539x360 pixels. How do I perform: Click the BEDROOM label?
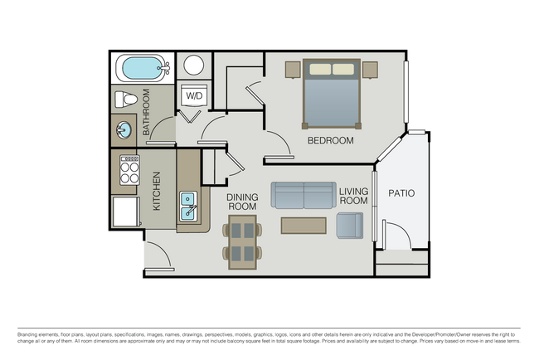click(x=330, y=141)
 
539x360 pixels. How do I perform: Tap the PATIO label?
click(x=401, y=193)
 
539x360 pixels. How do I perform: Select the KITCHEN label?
click(x=156, y=192)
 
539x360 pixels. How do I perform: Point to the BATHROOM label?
click(x=146, y=112)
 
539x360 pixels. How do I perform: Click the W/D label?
click(x=193, y=96)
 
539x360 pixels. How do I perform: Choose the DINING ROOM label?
click(x=243, y=202)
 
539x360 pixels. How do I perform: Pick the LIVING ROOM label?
click(x=353, y=196)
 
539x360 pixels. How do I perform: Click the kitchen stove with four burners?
click(x=129, y=171)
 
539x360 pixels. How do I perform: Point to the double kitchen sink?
click(x=189, y=207)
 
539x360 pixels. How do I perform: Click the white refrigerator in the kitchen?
click(x=126, y=210)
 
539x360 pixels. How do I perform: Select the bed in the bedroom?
click(x=332, y=93)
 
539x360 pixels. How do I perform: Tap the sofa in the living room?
click(x=303, y=195)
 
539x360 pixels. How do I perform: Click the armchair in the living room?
click(x=349, y=225)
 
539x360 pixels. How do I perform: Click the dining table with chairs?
click(x=243, y=241)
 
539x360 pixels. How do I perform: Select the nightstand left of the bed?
click(x=293, y=69)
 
